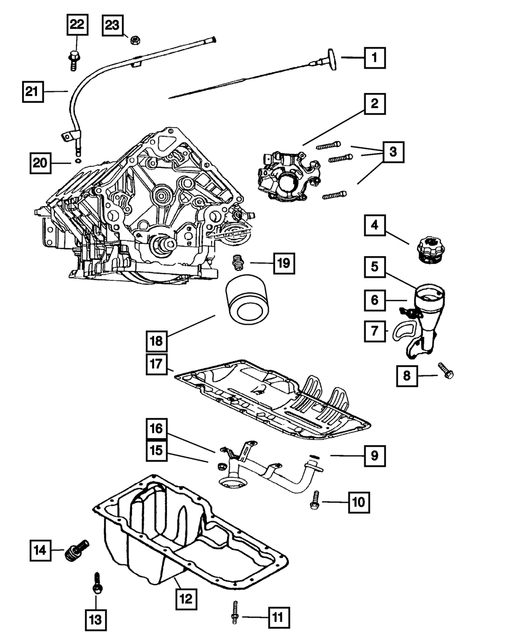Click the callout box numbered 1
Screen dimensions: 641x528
(x=374, y=57)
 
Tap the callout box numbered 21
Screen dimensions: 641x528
(x=32, y=91)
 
